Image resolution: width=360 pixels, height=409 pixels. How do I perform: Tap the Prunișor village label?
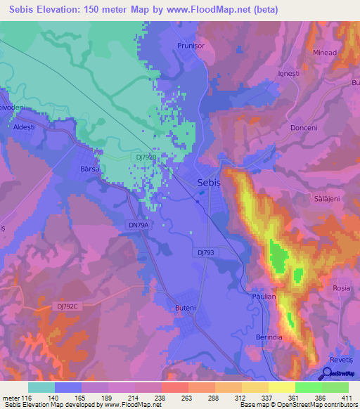(190, 46)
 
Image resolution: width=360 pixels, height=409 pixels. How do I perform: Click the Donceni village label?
(304, 129)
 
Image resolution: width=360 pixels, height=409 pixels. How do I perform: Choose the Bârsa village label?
(91, 169)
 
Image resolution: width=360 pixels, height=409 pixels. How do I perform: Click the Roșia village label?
(341, 288)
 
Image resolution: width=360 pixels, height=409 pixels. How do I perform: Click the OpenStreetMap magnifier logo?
(328, 374)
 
